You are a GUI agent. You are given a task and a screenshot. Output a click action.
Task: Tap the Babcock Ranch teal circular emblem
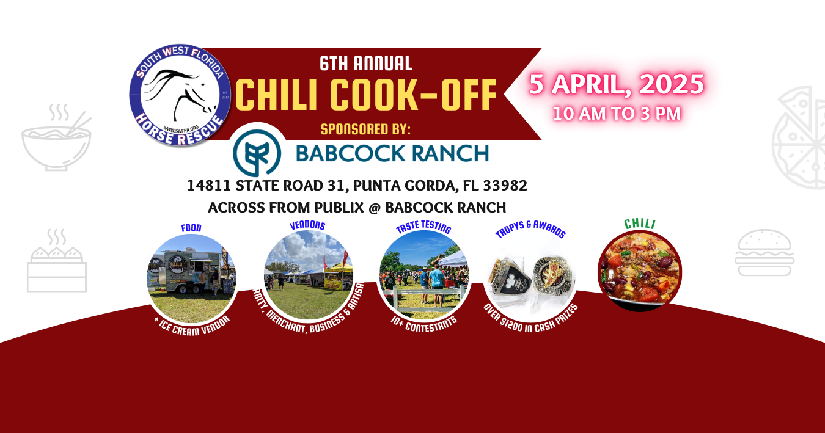(257, 153)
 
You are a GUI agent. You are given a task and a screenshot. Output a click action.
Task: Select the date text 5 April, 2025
(616, 84)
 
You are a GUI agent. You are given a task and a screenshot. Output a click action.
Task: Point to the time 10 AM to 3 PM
(616, 114)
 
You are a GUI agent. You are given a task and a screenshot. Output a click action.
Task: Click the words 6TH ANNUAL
(365, 63)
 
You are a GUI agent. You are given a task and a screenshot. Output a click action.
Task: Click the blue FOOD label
(191, 228)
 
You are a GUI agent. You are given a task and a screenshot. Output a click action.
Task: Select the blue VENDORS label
(307, 225)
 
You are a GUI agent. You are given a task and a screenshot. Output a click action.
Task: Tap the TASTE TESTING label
(423, 228)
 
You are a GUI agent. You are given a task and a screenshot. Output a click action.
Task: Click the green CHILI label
(639, 224)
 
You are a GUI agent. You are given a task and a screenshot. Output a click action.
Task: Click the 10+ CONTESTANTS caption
(423, 320)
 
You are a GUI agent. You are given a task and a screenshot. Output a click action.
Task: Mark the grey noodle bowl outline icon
(56, 140)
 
